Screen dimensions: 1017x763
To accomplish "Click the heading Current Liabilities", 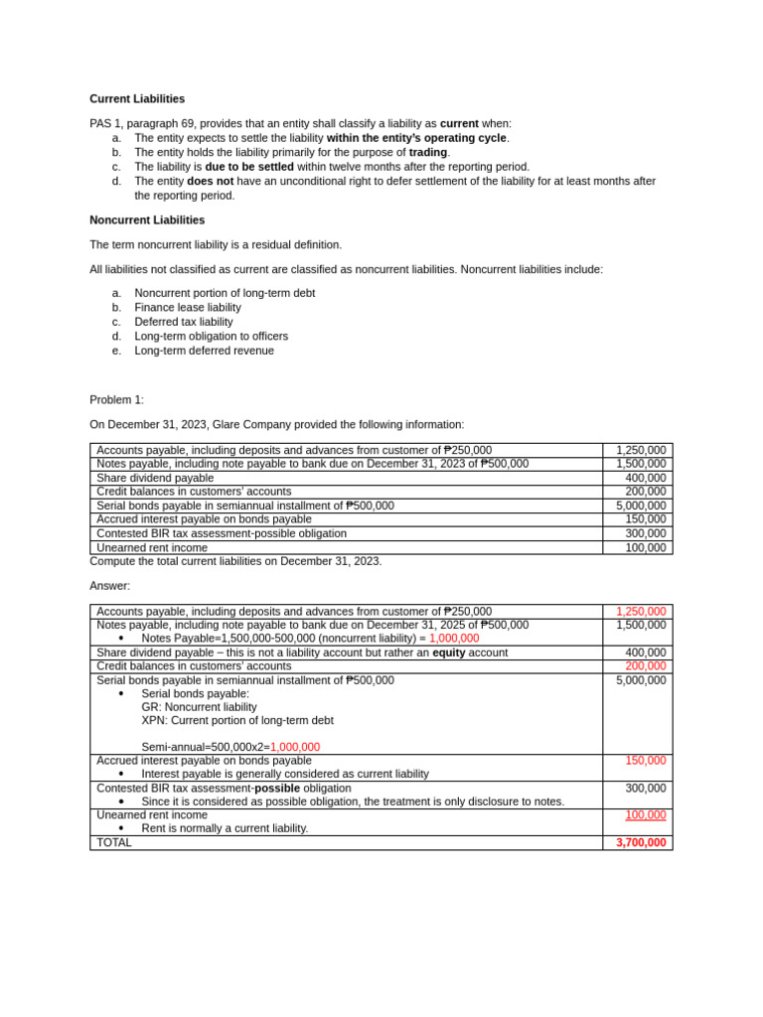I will [x=137, y=99].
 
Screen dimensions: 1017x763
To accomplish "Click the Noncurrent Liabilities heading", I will [x=147, y=220].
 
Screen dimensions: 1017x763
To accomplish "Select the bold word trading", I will [x=428, y=153].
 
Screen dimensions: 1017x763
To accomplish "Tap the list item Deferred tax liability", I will [x=184, y=322].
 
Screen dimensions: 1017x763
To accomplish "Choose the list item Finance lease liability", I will [x=188, y=308].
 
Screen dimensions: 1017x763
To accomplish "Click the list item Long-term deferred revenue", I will [x=204, y=351].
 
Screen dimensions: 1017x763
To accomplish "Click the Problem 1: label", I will [x=116, y=400].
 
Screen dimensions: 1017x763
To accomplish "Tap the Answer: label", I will [x=109, y=586].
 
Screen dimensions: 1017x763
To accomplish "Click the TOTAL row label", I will [x=113, y=842].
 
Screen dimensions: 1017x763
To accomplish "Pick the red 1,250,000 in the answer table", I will [x=641, y=612].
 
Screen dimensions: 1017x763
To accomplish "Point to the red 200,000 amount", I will [x=646, y=665].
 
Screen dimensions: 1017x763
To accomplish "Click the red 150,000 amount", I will [x=646, y=761].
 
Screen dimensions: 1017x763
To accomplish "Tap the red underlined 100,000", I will [x=646, y=815].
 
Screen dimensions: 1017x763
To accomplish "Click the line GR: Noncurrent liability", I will [x=199, y=707].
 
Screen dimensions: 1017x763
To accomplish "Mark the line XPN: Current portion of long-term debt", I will [x=237, y=720].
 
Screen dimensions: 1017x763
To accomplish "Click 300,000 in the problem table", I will [x=646, y=533].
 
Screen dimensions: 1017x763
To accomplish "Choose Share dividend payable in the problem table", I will [x=155, y=478].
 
